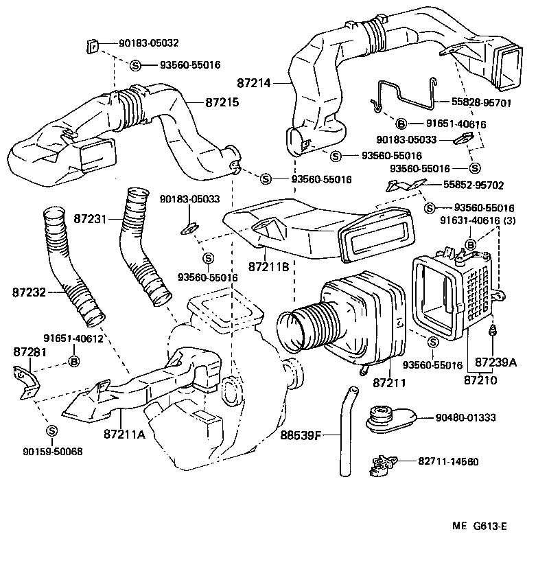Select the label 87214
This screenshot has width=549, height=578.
pyautogui.click(x=255, y=83)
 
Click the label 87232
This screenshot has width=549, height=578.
pyautogui.click(x=29, y=292)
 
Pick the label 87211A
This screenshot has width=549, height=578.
pyautogui.click(x=124, y=434)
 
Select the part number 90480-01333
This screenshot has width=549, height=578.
pyautogui.click(x=465, y=417)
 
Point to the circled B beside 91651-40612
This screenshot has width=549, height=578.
pyautogui.click(x=73, y=361)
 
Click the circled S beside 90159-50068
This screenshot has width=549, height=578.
pyautogui.click(x=51, y=430)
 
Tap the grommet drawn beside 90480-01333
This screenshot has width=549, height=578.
pyautogui.click(x=387, y=418)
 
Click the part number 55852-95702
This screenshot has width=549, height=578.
pyautogui.click(x=473, y=185)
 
